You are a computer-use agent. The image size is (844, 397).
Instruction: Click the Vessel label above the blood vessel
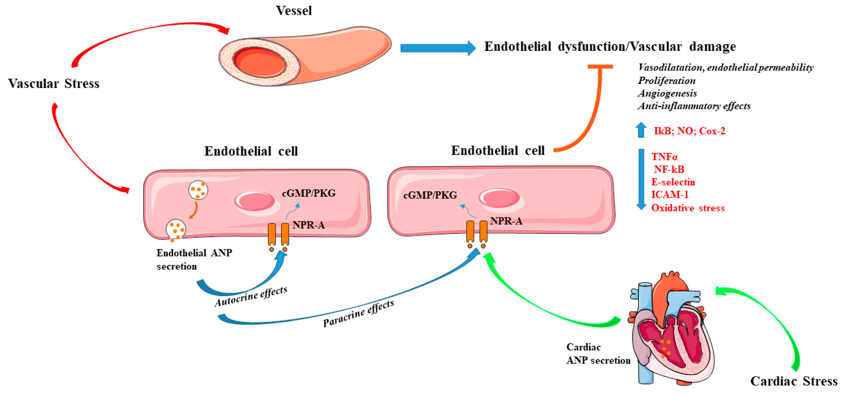pyautogui.click(x=294, y=11)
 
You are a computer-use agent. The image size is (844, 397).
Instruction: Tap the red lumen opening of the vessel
pyautogui.click(x=259, y=62)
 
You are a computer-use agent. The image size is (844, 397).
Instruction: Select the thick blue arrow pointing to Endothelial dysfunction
pyautogui.click(x=437, y=48)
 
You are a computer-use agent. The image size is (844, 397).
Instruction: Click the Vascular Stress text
pyautogui.click(x=53, y=84)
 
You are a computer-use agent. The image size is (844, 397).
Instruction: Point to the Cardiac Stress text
pyautogui.click(x=794, y=381)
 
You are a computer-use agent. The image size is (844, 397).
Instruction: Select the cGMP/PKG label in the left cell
pyautogui.click(x=309, y=193)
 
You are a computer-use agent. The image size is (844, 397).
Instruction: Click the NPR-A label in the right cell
pyautogui.click(x=506, y=221)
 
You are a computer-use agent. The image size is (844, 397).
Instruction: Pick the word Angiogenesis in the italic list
pyautogui.click(x=667, y=93)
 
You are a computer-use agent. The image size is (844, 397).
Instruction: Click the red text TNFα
pyautogui.click(x=664, y=157)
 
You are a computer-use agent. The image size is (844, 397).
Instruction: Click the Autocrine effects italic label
pyautogui.click(x=251, y=296)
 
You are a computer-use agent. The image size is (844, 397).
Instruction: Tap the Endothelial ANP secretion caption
pyautogui.click(x=194, y=259)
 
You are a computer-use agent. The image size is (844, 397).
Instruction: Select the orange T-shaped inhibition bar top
pyautogui.click(x=600, y=67)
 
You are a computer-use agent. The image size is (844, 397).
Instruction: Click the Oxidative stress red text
pyautogui.click(x=688, y=208)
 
